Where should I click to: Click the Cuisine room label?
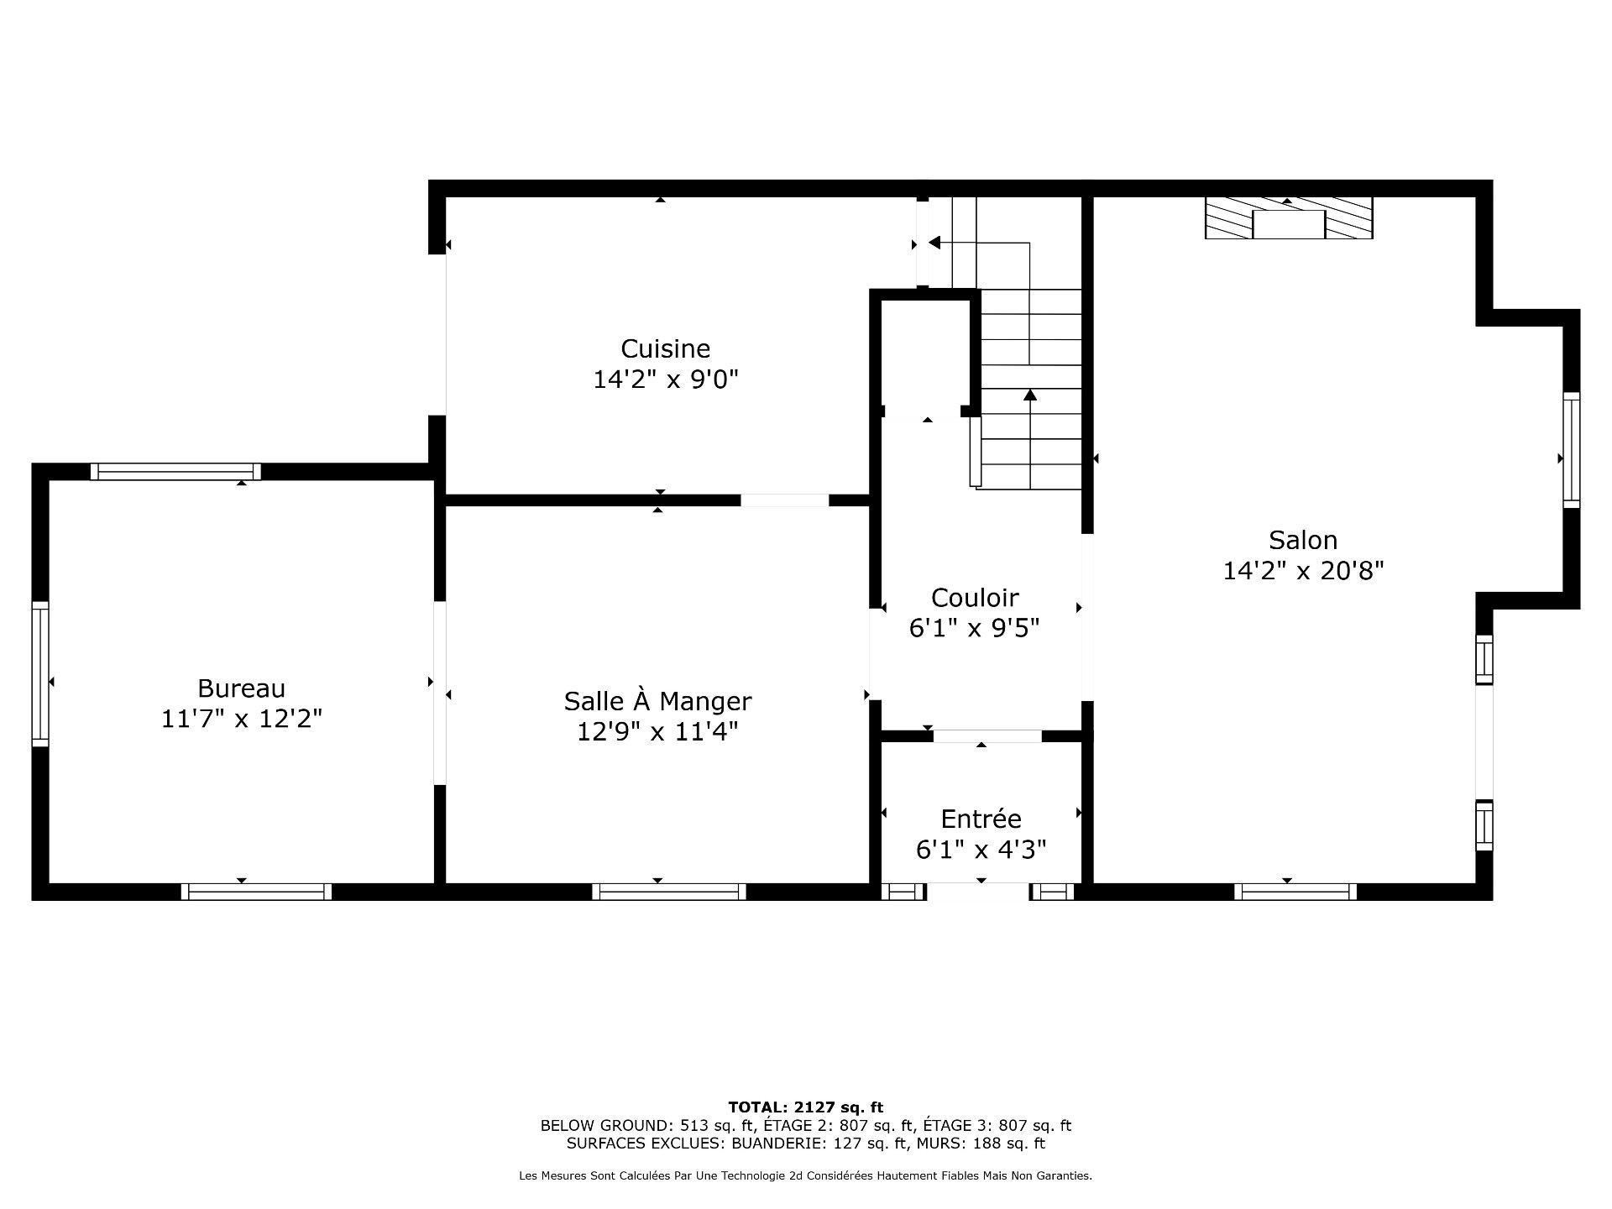click(665, 348)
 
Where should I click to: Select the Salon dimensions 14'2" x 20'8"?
click(1302, 571)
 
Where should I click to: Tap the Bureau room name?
click(241, 688)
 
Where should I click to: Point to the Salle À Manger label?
click(657, 701)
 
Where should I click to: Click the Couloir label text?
click(974, 598)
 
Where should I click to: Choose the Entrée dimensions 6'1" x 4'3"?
click(981, 850)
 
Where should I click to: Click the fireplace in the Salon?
click(1288, 219)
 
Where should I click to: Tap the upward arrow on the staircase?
click(1030, 395)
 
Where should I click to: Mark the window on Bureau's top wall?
click(175, 472)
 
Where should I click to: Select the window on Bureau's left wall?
click(40, 673)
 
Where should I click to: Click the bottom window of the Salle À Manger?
click(669, 892)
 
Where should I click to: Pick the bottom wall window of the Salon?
click(1295, 892)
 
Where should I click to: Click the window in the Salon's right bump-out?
click(1571, 449)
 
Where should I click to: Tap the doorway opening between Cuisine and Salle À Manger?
click(784, 500)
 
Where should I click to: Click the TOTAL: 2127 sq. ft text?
click(805, 1107)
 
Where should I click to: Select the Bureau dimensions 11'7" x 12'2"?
click(241, 720)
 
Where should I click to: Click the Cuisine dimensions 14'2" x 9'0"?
click(665, 379)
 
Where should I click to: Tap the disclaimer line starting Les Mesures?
click(805, 1176)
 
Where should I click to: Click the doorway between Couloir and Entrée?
click(987, 736)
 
